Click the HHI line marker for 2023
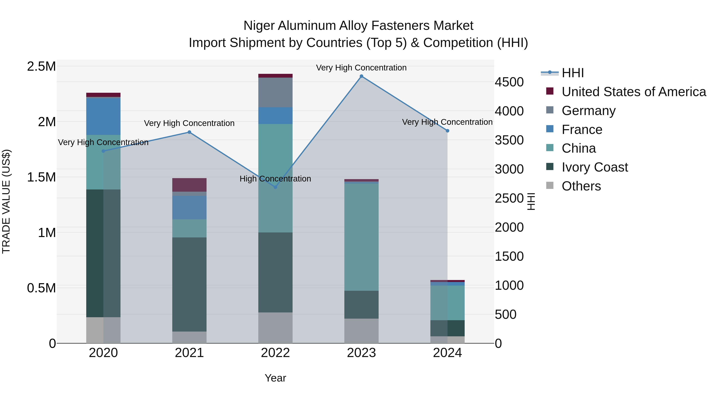[x=361, y=76]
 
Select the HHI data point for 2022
[x=275, y=187]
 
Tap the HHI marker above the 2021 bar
[x=189, y=132]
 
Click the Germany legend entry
[x=588, y=111]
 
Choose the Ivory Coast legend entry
[x=595, y=167]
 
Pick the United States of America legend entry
[x=634, y=92]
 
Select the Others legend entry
[x=581, y=186]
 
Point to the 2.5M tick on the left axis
[x=41, y=66]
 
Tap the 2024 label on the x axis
[x=447, y=353]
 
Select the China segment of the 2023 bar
[x=361, y=236]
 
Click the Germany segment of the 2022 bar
[x=275, y=92]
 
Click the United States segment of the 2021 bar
[x=189, y=185]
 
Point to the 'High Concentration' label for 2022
[x=275, y=179]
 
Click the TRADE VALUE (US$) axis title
[x=6, y=201]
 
